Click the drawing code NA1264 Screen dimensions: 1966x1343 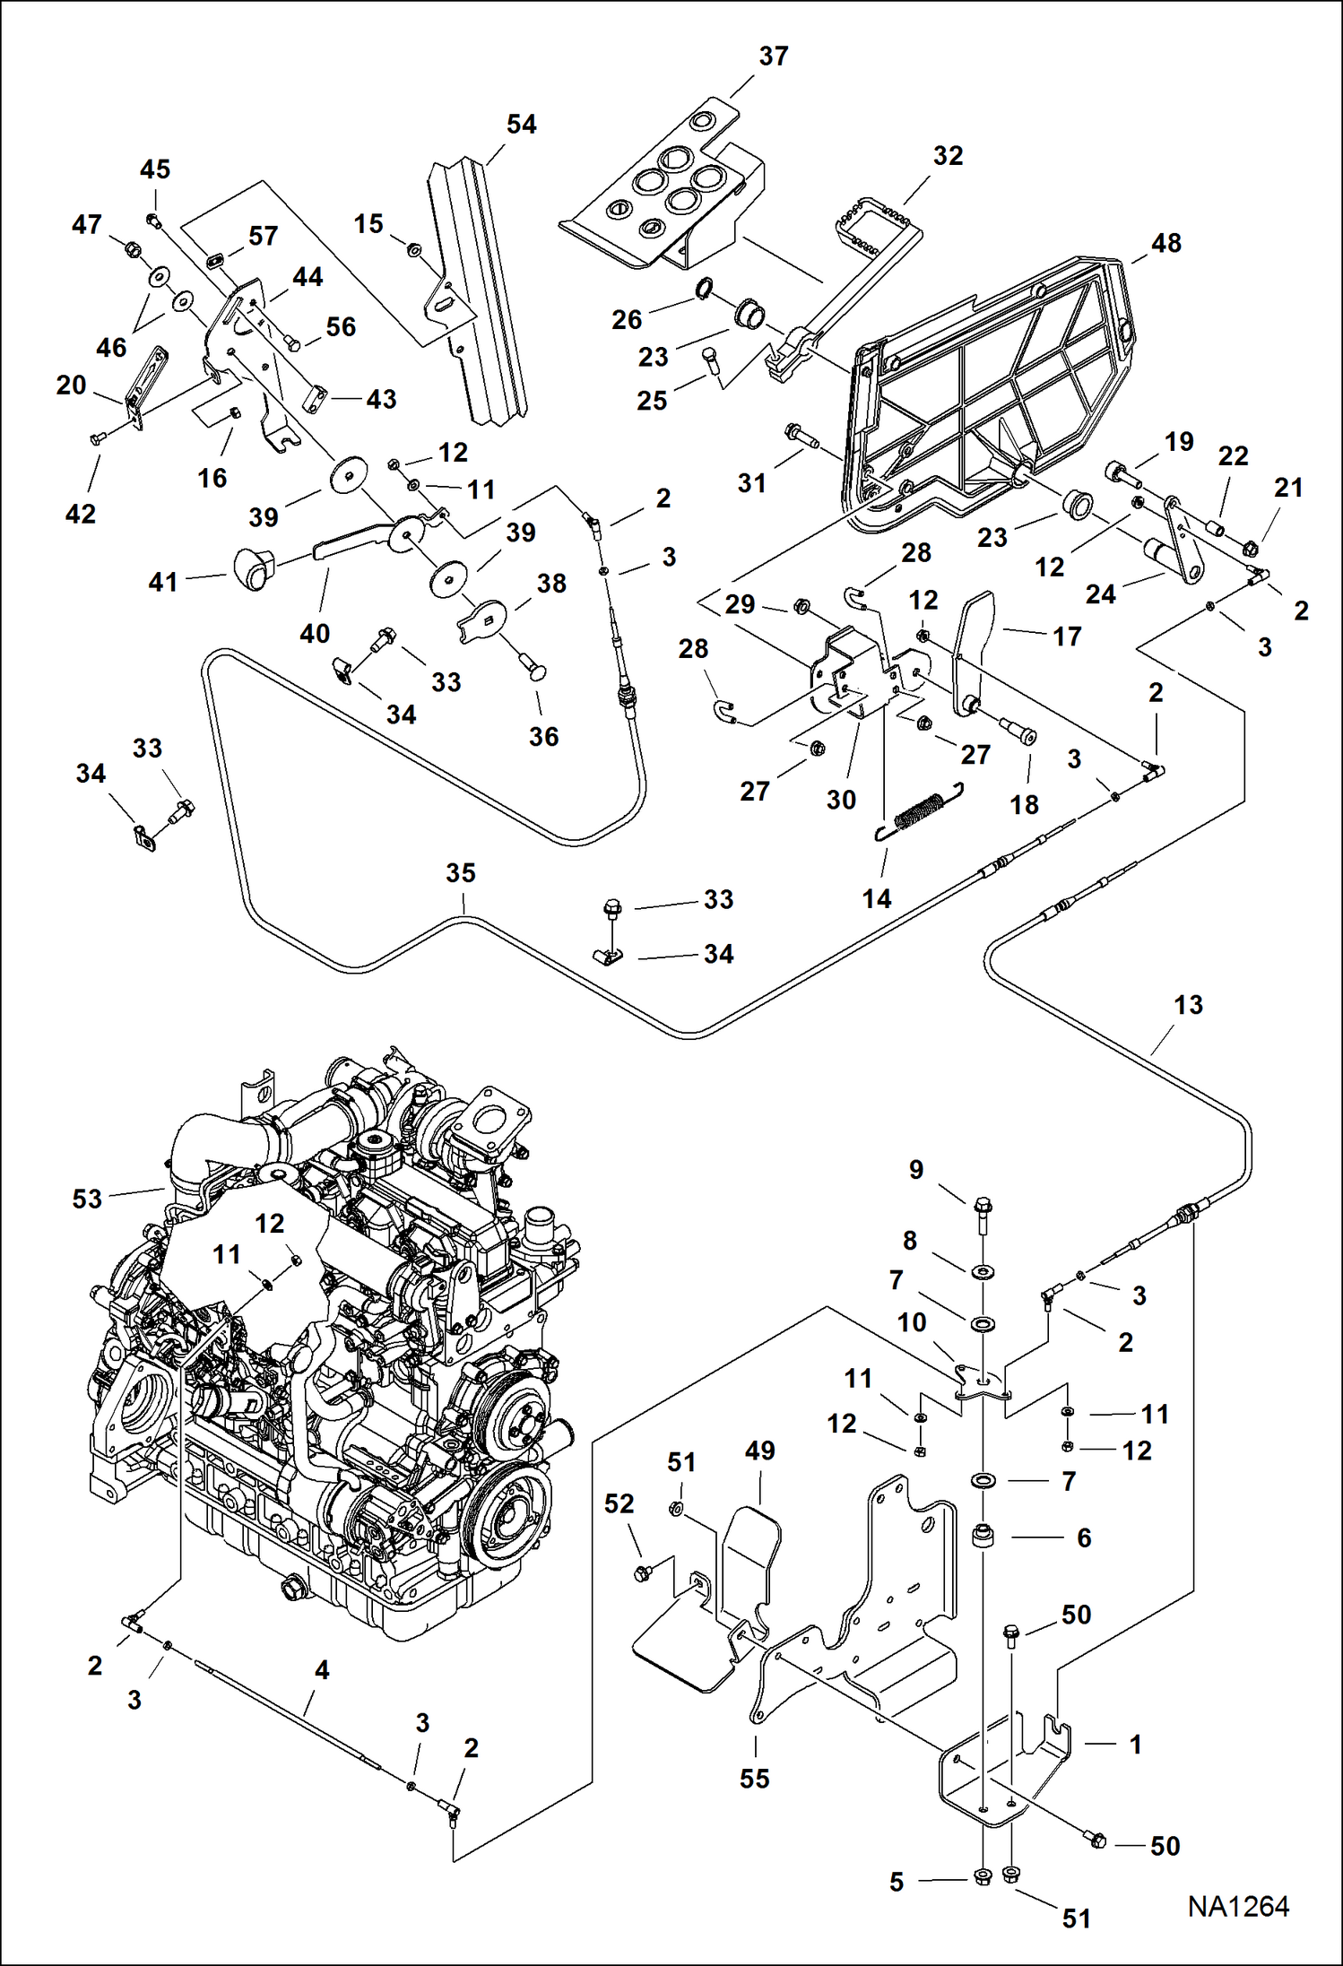(1238, 1906)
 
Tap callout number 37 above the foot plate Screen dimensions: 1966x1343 (773, 56)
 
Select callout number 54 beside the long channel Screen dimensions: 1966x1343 (521, 124)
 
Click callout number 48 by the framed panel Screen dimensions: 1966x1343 (1165, 243)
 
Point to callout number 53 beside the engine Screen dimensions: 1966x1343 (87, 1199)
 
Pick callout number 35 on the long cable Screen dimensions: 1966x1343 (460, 872)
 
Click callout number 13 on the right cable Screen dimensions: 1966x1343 (1188, 1004)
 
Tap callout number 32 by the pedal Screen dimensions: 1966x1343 (948, 155)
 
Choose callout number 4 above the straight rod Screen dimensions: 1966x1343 (322, 1669)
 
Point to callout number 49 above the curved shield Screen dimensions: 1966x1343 (759, 1450)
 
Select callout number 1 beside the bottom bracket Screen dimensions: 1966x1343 (1135, 1744)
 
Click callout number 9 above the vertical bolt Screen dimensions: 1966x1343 (915, 1169)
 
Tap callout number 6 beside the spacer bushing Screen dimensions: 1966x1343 (1083, 1537)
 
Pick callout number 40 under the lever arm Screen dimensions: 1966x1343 (315, 633)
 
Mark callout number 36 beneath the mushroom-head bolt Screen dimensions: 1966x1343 (543, 736)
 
